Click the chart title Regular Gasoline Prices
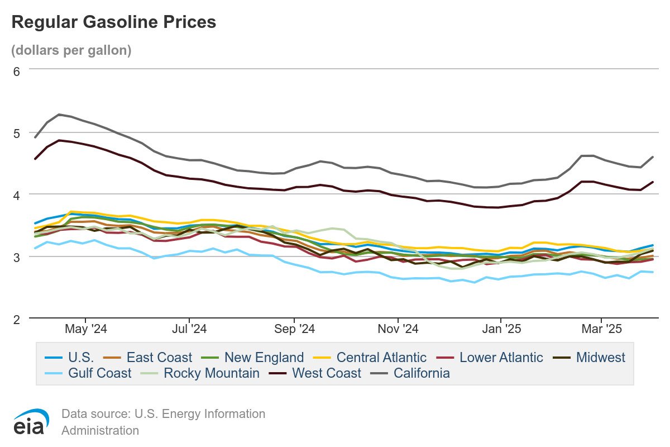click(113, 22)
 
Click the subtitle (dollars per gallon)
click(71, 50)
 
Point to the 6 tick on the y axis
click(16, 71)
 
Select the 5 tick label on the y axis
click(16, 133)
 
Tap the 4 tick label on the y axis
click(16, 195)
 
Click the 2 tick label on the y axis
click(16, 319)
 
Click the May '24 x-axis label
click(86, 329)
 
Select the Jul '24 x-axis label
click(190, 329)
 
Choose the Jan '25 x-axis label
click(501, 329)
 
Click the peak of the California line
click(59, 115)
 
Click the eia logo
click(29, 422)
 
